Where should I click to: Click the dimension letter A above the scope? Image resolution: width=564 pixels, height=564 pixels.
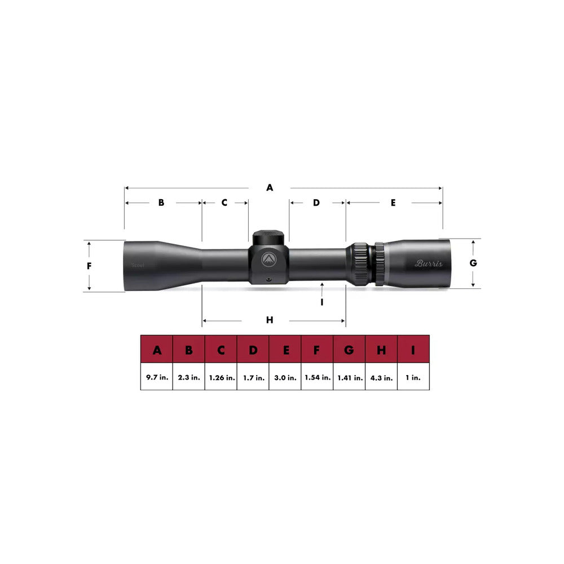270,188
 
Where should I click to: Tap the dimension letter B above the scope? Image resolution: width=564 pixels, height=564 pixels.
161,202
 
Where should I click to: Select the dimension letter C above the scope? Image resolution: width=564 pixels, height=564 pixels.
224,202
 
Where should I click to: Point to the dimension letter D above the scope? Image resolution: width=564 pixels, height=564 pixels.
316,202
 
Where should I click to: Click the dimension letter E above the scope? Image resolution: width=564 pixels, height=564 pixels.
393,202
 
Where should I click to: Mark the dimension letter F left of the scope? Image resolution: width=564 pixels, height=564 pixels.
89,266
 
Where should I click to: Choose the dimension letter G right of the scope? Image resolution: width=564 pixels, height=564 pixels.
473,263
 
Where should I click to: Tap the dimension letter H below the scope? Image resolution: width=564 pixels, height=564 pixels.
270,320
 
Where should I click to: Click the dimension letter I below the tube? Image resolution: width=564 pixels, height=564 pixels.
321,302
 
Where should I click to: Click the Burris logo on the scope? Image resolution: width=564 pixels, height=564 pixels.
429,263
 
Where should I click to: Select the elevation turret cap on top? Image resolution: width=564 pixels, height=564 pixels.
269,237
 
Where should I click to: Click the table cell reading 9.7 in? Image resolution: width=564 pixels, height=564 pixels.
156,378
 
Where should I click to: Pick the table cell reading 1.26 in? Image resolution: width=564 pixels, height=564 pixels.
221,378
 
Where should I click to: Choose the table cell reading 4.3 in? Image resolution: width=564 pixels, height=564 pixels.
381,378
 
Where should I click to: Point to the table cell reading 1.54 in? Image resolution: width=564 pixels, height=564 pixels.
317,378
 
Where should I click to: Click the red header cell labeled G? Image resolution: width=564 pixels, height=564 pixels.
349,351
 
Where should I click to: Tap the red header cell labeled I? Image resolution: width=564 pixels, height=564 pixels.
413,351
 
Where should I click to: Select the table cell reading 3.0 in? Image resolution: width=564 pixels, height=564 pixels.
285,378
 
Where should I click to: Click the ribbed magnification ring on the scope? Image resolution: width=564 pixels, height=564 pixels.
360,263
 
